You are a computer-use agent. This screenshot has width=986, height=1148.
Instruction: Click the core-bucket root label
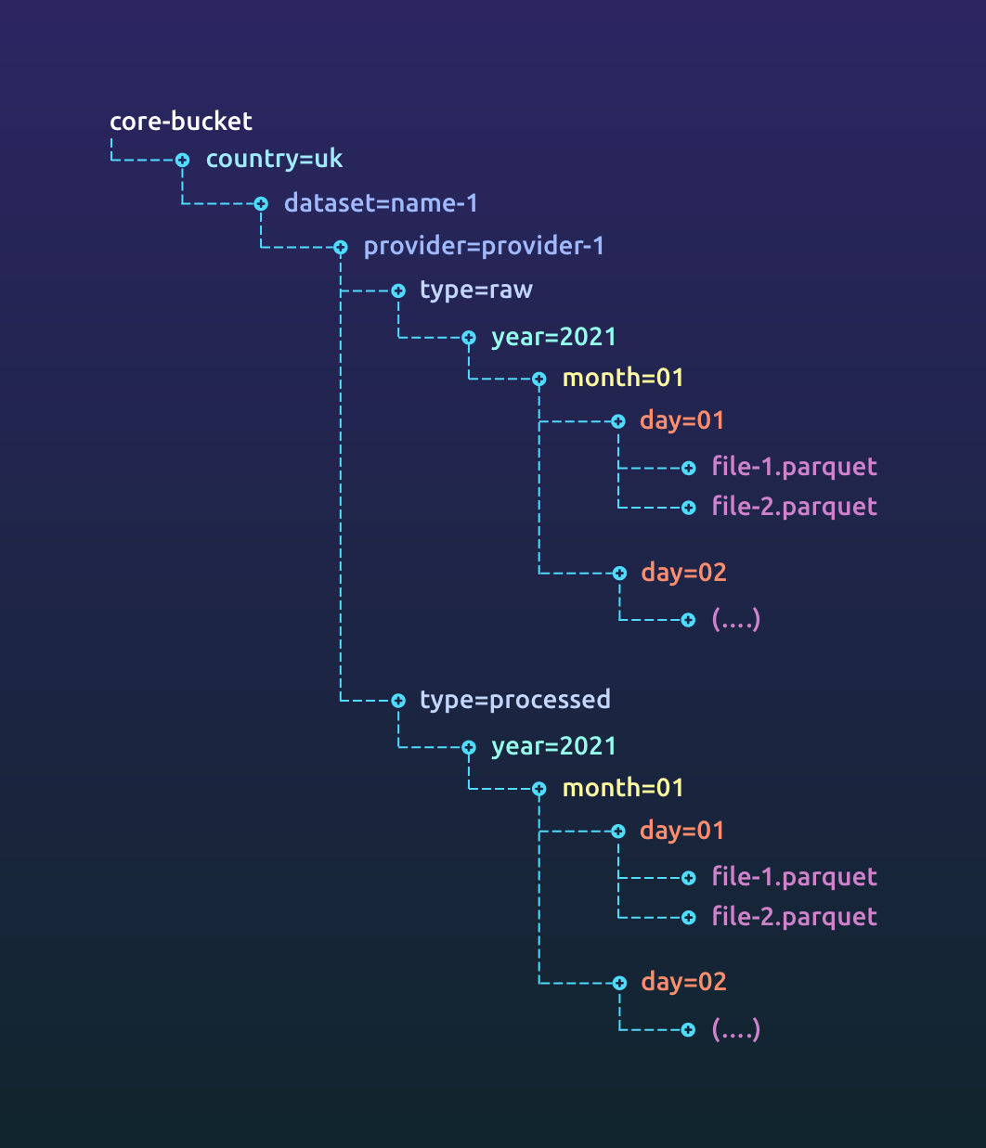coord(180,122)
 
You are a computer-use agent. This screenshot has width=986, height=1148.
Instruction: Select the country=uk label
coord(274,160)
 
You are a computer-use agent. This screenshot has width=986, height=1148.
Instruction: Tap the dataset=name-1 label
coord(381,203)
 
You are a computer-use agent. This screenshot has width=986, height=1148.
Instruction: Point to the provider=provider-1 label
coord(484,247)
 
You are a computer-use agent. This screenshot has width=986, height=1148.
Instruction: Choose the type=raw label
coord(475,290)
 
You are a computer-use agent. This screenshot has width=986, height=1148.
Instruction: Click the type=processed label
coord(514,700)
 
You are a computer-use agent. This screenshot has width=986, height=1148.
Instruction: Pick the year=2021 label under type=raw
coord(553,337)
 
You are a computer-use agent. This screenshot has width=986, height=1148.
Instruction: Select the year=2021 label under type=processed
coord(553,746)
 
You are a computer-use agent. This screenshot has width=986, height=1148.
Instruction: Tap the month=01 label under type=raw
coord(623,378)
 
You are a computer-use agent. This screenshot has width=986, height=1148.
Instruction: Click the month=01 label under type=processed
coord(623,788)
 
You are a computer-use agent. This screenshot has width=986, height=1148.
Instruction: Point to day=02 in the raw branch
coord(683,573)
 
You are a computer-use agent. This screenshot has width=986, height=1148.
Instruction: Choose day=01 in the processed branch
coord(681,831)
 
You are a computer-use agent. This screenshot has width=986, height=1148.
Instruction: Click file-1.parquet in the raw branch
coord(794,467)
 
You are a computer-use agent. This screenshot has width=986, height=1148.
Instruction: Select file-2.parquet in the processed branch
coord(794,917)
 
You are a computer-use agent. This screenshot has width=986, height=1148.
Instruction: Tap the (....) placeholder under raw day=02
coord(735,619)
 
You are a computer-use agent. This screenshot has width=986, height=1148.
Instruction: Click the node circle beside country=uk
coord(183,161)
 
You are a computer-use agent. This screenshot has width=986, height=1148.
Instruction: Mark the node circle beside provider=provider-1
coord(341,248)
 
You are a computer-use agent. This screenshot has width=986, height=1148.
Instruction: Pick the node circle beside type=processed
coord(398,701)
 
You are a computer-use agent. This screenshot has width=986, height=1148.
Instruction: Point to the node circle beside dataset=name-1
coord(261,204)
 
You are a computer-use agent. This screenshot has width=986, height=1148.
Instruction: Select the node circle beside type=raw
coord(398,291)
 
